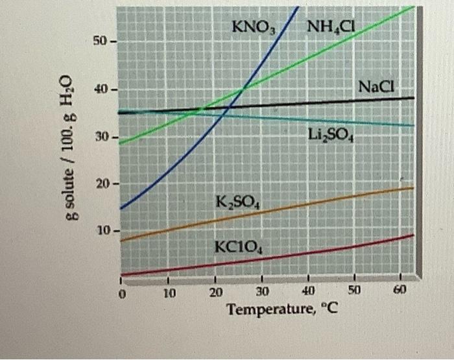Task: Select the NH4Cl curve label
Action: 329,27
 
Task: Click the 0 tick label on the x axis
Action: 121,293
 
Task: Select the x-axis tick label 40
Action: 309,291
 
